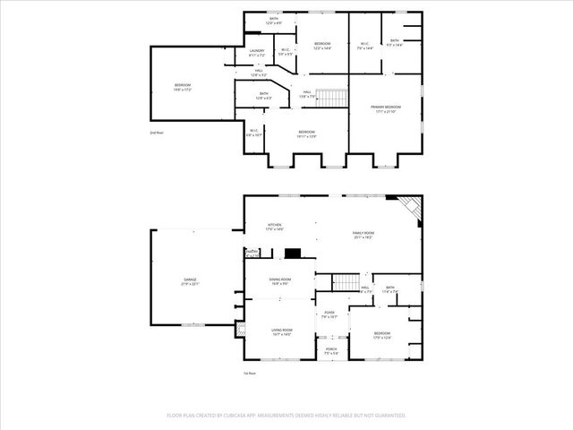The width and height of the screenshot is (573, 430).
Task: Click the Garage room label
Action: (190, 282)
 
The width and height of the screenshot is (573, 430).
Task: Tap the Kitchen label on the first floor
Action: (275, 227)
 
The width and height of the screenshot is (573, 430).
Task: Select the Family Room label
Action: (363, 235)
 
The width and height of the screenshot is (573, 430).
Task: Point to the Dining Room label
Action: (280, 281)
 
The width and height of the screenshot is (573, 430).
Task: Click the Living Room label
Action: (283, 332)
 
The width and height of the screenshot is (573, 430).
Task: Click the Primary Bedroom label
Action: (385, 109)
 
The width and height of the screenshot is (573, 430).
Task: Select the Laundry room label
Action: (257, 53)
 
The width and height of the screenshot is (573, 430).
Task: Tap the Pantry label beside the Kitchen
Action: (252, 254)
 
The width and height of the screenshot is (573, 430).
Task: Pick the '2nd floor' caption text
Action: (157, 133)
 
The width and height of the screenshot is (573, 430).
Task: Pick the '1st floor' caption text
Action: (251, 373)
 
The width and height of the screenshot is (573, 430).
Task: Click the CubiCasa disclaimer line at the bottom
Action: (286, 416)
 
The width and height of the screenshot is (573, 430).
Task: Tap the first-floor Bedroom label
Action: (382, 336)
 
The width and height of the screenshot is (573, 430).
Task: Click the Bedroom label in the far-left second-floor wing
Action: (183, 87)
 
